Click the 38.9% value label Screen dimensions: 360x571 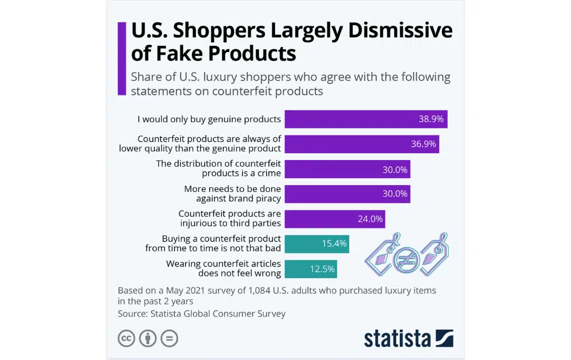point(431,119)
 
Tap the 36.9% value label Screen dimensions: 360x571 point(424,144)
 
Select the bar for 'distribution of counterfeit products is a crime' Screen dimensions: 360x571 point(347,169)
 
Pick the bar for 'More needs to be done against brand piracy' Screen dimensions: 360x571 point(347,194)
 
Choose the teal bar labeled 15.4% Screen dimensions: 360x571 point(316,243)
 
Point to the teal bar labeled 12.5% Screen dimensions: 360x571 point(310,269)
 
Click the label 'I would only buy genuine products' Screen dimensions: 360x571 point(209,119)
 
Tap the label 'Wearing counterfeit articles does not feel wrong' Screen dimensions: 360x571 point(223,269)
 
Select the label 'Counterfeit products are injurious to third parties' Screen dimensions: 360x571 point(230,219)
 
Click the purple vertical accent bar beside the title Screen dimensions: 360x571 point(121,58)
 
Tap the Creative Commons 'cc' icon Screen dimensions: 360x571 point(126,338)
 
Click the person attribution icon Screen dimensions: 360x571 point(148,338)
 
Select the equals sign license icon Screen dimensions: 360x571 point(169,338)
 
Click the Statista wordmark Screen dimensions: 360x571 point(398,338)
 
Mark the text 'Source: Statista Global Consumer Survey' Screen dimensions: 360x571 point(202,313)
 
